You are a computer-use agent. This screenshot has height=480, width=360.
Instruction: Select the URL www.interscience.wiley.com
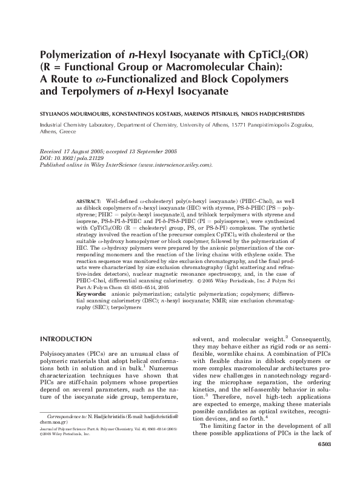click(x=175, y=165)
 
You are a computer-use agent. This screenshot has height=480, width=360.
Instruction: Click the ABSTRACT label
click(x=89, y=199)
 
